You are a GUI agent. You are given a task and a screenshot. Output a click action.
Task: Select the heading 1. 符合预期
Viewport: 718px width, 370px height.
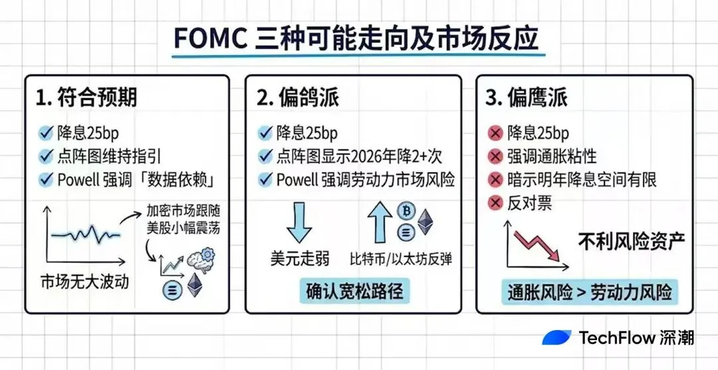(x=86, y=98)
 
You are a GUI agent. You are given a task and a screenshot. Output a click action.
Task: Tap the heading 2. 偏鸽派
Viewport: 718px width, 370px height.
(x=299, y=98)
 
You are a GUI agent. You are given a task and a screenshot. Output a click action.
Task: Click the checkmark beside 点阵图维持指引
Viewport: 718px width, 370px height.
(x=46, y=156)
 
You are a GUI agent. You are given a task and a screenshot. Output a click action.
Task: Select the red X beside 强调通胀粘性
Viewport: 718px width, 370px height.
(x=495, y=157)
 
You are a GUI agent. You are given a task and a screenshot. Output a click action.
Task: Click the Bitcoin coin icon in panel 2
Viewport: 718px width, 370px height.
(x=405, y=211)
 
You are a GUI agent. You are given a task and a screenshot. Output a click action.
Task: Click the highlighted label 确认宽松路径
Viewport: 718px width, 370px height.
(x=354, y=291)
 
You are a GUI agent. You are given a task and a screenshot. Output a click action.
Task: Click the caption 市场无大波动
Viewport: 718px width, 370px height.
(x=84, y=282)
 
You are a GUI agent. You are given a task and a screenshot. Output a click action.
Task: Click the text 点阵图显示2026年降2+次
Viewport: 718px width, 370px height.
(x=359, y=156)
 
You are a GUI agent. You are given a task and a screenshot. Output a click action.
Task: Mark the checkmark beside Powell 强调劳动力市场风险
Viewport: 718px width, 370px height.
(x=265, y=179)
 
